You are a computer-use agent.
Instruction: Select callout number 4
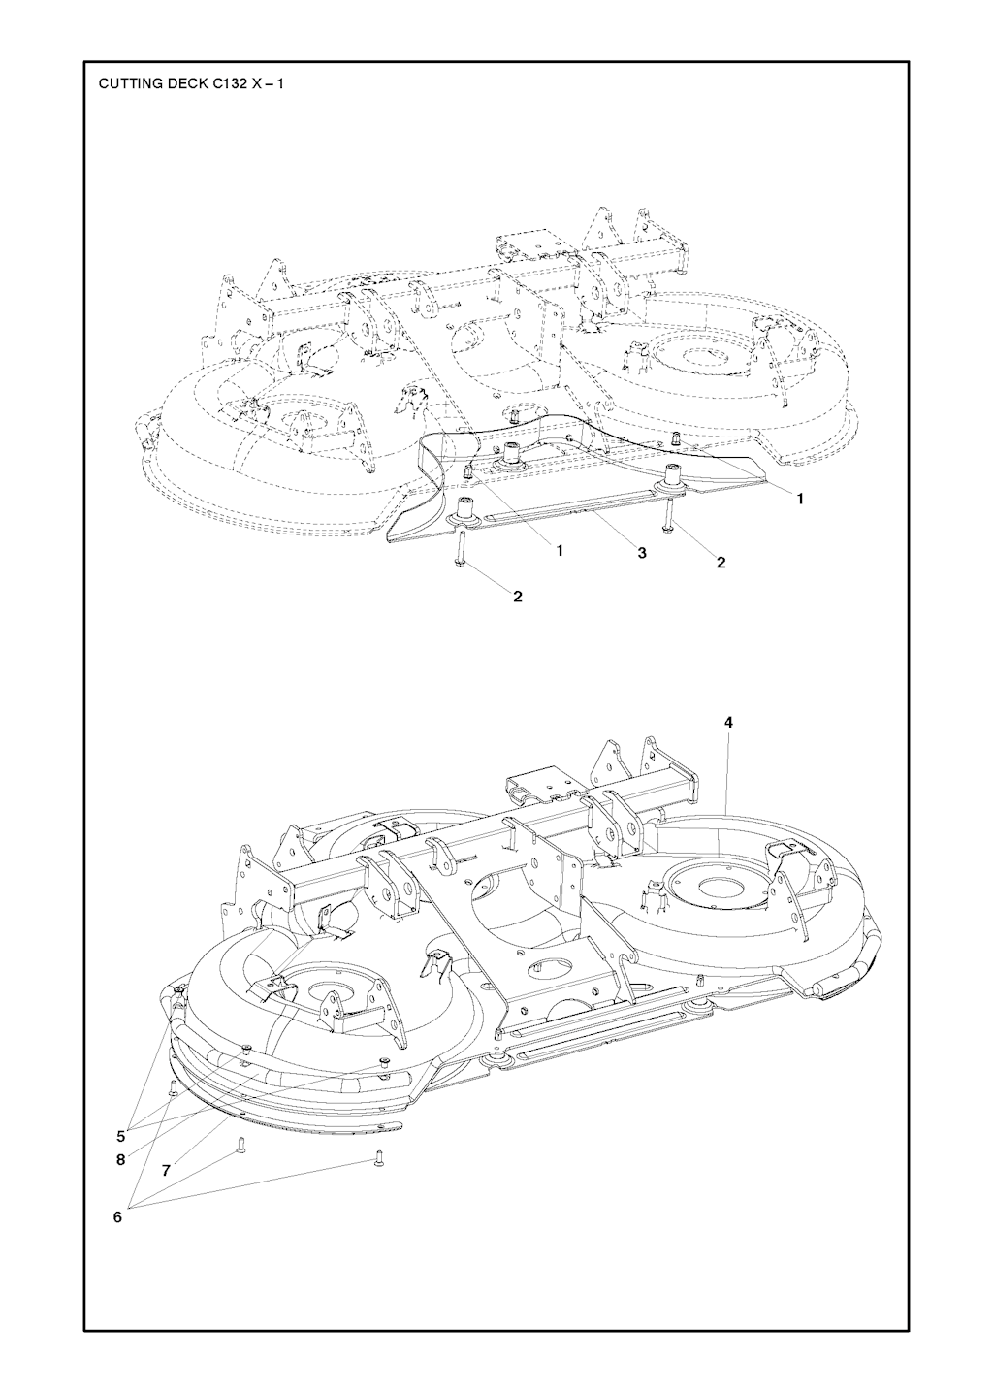(728, 722)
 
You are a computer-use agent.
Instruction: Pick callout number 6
(117, 1216)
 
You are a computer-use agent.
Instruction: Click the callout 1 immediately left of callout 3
(560, 550)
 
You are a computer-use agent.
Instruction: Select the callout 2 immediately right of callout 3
(721, 562)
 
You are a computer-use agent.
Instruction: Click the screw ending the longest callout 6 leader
(376, 1157)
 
